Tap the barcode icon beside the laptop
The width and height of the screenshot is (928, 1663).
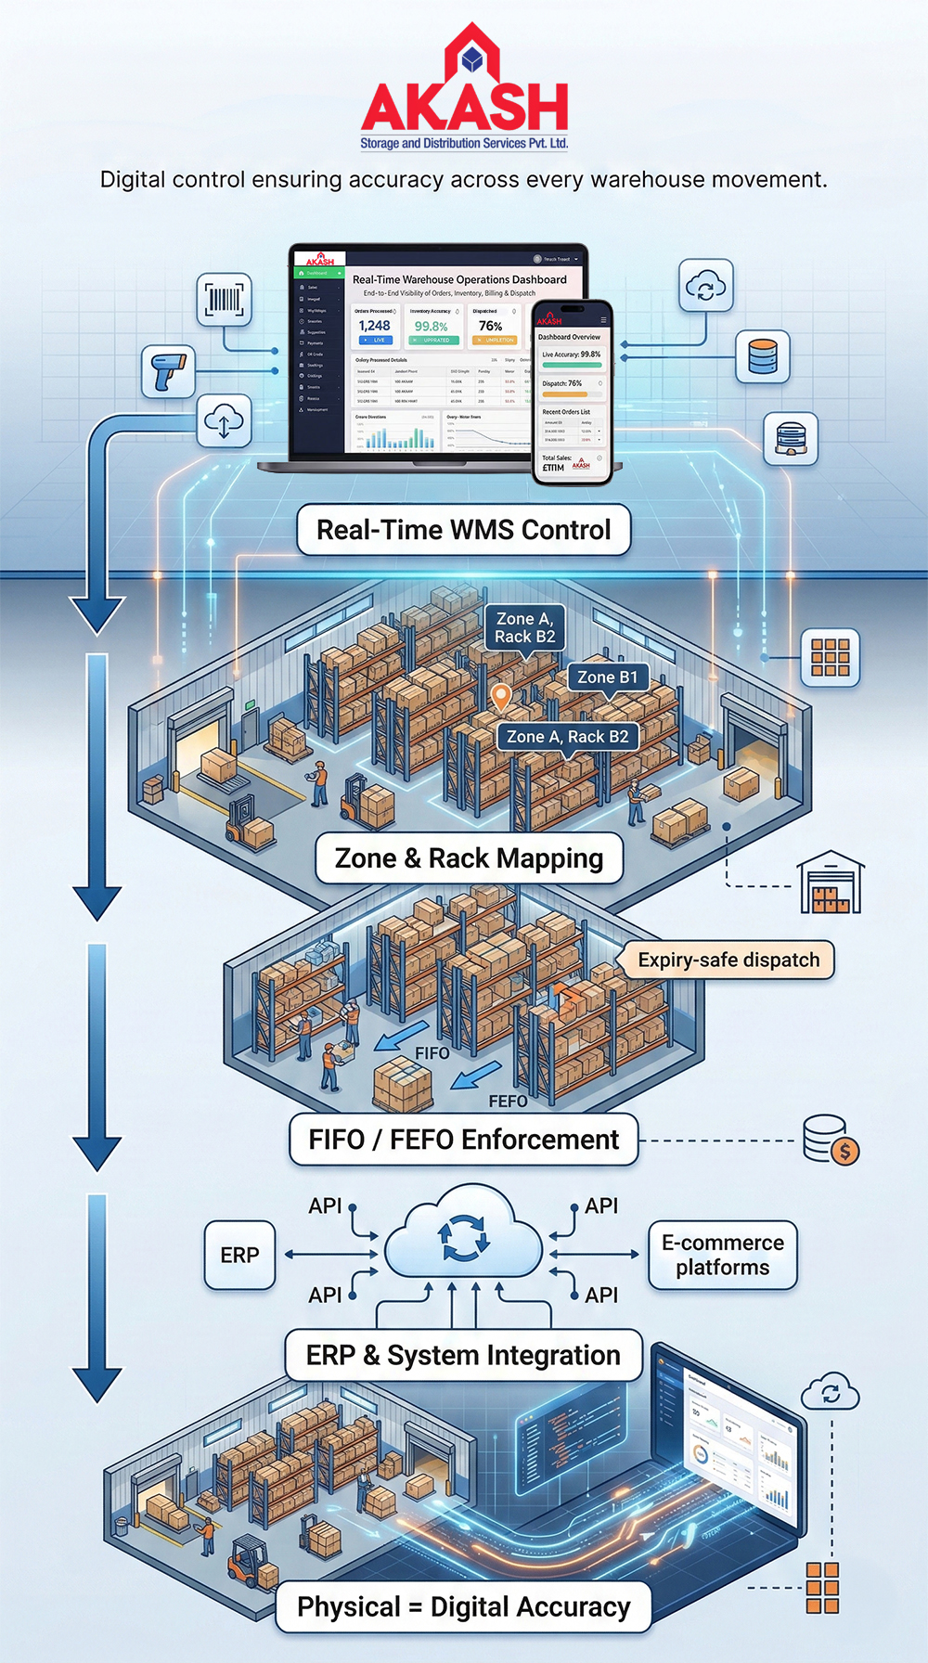pos(224,300)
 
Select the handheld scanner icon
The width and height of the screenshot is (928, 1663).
pos(169,371)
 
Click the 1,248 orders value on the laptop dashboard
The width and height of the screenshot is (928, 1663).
pos(374,326)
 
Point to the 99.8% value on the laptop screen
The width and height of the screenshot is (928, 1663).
pos(431,327)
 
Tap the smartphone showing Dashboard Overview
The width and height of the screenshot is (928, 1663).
pos(571,392)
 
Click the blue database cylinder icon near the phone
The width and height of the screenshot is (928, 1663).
pos(762,356)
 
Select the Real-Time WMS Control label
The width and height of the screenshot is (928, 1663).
pos(464,530)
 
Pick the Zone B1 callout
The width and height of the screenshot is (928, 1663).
pos(607,677)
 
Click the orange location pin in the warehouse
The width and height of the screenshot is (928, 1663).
pos(500,695)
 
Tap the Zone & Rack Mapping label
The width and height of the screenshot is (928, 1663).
pos(469,858)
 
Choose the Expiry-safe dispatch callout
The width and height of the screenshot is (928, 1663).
pos(728,960)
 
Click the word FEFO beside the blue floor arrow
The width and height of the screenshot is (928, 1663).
pos(508,1101)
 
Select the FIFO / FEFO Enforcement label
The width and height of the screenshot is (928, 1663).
pos(463,1140)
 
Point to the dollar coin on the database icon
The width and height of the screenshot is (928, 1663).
pos(844,1152)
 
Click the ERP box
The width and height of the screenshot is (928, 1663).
pos(239,1256)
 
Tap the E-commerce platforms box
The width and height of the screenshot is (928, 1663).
pos(722,1256)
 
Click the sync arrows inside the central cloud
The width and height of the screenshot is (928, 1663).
pos(462,1238)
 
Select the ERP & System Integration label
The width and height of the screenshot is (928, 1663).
pos(463,1356)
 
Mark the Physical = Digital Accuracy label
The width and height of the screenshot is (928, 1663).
pos(463,1607)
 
